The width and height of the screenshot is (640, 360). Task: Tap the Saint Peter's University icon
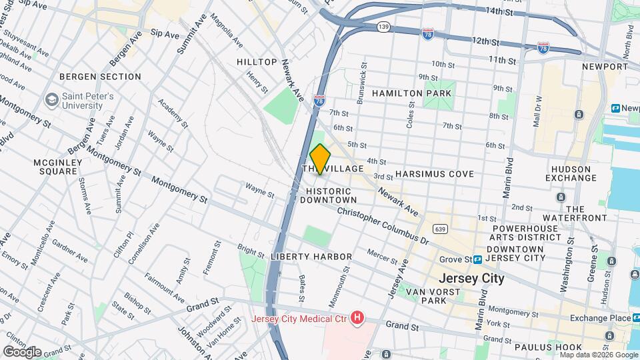pyautogui.click(x=51, y=100)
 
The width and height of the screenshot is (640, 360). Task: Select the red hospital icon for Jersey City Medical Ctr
pyautogui.click(x=357, y=318)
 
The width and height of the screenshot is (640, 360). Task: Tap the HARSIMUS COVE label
pyautogui.click(x=434, y=174)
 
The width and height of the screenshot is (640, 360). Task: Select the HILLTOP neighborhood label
pyautogui.click(x=257, y=62)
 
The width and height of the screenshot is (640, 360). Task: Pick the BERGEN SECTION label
pyautogui.click(x=100, y=77)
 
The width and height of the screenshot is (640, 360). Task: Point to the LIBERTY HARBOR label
pyautogui.click(x=311, y=257)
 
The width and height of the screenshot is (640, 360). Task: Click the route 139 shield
pyautogui.click(x=383, y=26)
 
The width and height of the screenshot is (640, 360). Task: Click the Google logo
pyautogui.click(x=22, y=351)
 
